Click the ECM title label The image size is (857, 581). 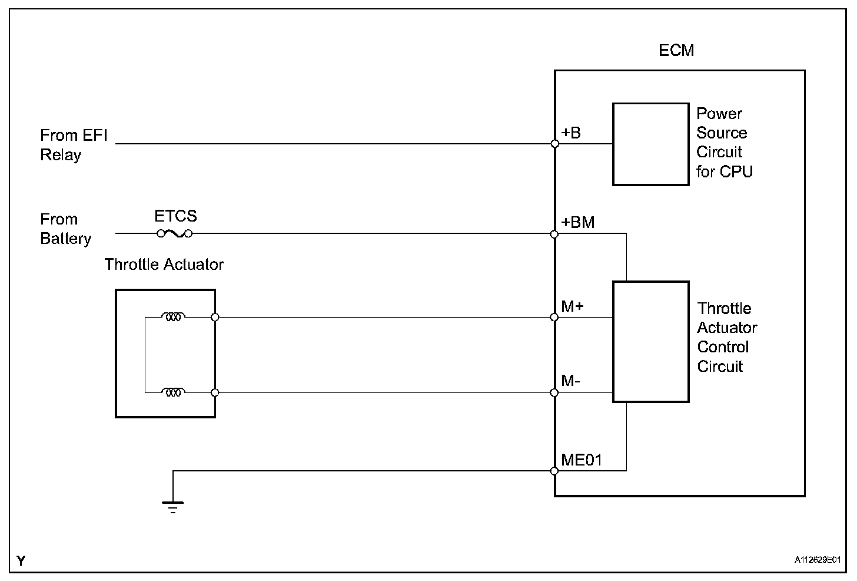point(676,51)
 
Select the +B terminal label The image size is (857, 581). point(571,133)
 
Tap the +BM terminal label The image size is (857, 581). point(578,223)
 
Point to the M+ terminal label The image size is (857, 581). point(573,306)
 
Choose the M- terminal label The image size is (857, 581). point(571,381)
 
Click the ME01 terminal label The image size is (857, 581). point(582,460)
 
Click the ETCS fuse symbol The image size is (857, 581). point(175,234)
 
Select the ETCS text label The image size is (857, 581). point(175,216)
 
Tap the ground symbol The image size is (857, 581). point(172,506)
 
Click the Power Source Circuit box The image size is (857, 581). point(650,144)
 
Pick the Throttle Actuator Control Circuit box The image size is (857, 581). point(650,342)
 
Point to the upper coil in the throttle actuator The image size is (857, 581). point(173,317)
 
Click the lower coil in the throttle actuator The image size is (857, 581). point(173,392)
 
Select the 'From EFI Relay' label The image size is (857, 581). point(74,145)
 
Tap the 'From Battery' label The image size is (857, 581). point(65,229)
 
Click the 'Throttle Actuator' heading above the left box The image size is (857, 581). point(164,265)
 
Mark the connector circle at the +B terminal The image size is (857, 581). point(554,144)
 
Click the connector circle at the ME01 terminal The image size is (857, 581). point(554,471)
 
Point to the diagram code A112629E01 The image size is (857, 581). point(817,560)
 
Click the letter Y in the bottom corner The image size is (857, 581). point(21,560)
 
